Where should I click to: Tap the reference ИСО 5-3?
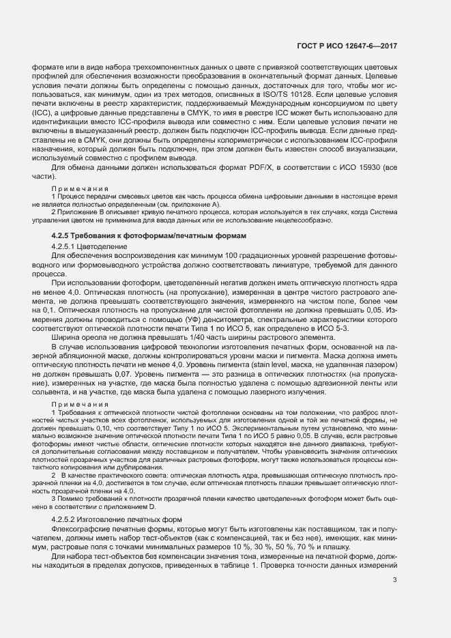click(x=338, y=327)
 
